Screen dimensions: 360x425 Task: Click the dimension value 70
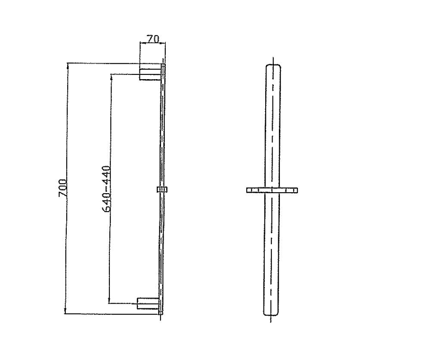pyautogui.click(x=153, y=39)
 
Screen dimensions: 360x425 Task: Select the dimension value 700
pyautogui.click(x=62, y=188)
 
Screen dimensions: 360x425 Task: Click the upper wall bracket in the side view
pyautogui.click(x=149, y=74)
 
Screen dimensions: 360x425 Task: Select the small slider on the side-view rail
pyautogui.click(x=162, y=189)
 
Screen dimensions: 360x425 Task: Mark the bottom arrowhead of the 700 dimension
pyautogui.click(x=65, y=312)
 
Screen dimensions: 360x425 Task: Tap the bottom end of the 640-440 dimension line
pyautogui.click(x=109, y=302)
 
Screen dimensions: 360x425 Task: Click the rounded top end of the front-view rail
pyautogui.click(x=273, y=67)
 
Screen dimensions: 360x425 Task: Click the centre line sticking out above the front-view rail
pyautogui.click(x=273, y=61)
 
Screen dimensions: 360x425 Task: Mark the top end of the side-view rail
pyautogui.click(x=163, y=66)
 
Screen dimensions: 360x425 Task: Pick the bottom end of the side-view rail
pyautogui.click(x=161, y=314)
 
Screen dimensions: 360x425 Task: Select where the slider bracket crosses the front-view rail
pyautogui.click(x=272, y=190)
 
